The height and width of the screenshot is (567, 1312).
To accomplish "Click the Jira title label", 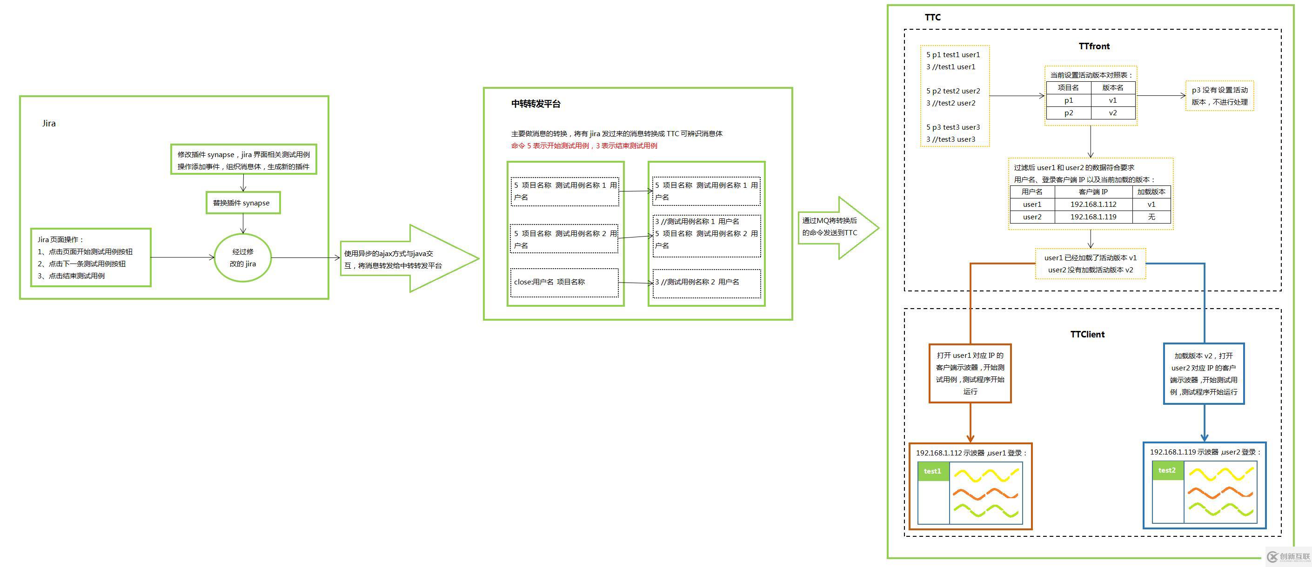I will [49, 123].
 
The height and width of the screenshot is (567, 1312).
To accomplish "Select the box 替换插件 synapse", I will [242, 203].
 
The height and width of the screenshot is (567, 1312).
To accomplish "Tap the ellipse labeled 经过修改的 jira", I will [242, 257].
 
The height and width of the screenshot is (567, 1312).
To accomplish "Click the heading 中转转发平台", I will [536, 104].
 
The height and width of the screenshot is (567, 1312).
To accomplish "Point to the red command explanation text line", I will [584, 146].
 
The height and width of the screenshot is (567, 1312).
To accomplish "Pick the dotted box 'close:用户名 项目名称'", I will [564, 283].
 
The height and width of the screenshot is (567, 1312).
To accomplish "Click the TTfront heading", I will [1093, 46].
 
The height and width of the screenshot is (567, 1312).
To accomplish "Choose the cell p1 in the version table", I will [1068, 100].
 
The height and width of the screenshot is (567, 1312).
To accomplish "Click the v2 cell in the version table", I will [1113, 113].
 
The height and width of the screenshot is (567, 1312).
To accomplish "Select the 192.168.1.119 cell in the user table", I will [1093, 217].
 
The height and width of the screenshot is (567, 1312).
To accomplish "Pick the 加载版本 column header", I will [1151, 192].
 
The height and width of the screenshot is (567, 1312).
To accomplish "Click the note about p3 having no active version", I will [1219, 96].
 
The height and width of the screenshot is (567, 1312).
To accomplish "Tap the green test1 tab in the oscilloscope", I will [932, 471].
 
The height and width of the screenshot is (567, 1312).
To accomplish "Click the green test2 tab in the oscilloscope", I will [1167, 470].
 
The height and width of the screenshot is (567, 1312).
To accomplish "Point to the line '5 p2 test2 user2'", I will [953, 91].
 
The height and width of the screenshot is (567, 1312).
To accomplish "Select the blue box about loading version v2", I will [1204, 374].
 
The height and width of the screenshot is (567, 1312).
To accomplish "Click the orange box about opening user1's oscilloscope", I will [970, 373].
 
